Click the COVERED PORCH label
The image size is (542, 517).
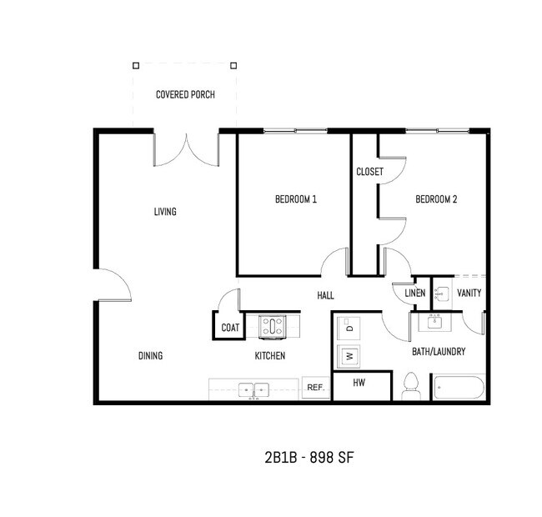pyautogui.click(x=185, y=95)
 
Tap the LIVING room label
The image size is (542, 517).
pyautogui.click(x=165, y=212)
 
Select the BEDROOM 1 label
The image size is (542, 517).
pyautogui.click(x=296, y=199)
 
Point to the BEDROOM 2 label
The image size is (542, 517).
pyautogui.click(x=436, y=199)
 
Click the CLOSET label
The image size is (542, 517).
pyautogui.click(x=369, y=172)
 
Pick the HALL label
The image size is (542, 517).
pyautogui.click(x=325, y=296)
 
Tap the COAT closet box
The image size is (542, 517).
pyautogui.click(x=230, y=328)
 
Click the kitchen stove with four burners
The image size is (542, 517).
pyautogui.click(x=273, y=327)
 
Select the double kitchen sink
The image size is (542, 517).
pyautogui.click(x=253, y=389)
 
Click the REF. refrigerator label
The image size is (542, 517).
pyautogui.click(x=315, y=388)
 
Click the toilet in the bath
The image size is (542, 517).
pyautogui.click(x=410, y=386)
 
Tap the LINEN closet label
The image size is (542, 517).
pyautogui.click(x=414, y=294)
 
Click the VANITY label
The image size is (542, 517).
pyautogui.click(x=469, y=294)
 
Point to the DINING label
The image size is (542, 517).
pyautogui.click(x=150, y=356)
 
